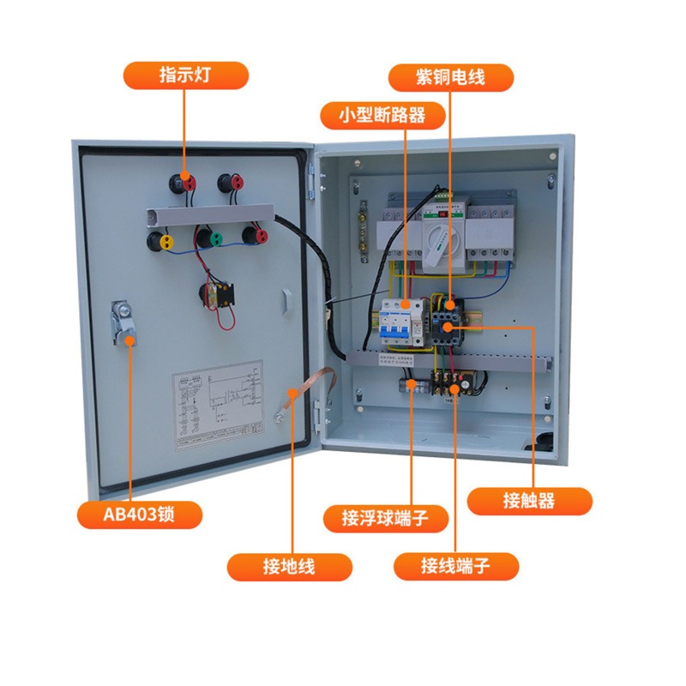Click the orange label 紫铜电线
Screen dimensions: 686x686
click(x=450, y=77)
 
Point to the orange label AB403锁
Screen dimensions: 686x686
click(x=140, y=514)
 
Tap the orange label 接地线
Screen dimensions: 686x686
click(x=290, y=567)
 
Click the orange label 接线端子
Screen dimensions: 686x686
click(x=455, y=566)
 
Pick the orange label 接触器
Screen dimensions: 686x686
click(x=529, y=501)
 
